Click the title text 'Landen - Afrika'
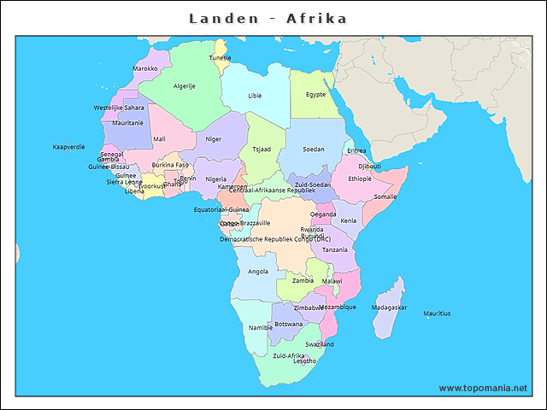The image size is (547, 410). point(268,18)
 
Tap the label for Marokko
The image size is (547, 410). point(144,68)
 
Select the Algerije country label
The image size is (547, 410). point(185,86)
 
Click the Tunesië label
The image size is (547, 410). point(221,58)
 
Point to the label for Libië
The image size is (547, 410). point(255,96)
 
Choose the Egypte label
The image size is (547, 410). point(315,94)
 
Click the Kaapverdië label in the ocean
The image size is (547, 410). point(69,147)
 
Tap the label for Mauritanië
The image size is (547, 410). point(127,123)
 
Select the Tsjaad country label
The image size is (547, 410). point(261,149)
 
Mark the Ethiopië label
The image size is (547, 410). point(360,179)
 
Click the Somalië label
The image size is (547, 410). point(385,196)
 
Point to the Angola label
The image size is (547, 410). point(257,272)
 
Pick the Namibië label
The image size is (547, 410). point(260,327)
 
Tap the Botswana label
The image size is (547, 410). point(288,325)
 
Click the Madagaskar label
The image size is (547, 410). point(389,307)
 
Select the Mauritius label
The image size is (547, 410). point(437,314)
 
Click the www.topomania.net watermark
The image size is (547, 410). point(483,388)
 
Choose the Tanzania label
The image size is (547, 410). point(334,249)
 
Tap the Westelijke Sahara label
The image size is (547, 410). point(119,108)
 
